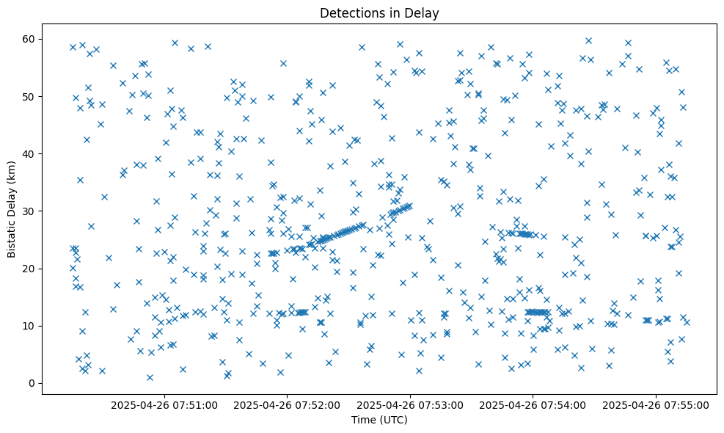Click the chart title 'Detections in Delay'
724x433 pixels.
click(379, 12)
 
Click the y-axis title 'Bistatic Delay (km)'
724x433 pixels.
click(12, 208)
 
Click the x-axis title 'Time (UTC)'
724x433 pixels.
click(379, 421)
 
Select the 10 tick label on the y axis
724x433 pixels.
click(30, 326)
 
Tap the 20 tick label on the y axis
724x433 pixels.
click(30, 269)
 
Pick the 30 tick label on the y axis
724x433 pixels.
click(30, 211)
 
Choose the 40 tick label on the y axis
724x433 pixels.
click(30, 153)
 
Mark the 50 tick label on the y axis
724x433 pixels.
click(30, 96)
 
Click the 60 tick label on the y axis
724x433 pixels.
click(30, 39)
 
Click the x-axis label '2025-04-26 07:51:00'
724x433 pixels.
click(164, 405)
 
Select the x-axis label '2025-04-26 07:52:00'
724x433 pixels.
click(287, 405)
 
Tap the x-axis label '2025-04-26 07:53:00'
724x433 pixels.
click(409, 405)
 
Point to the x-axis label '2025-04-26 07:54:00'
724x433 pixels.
click(533, 405)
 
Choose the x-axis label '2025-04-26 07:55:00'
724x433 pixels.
click(655, 405)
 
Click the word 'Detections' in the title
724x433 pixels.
click(349, 12)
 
